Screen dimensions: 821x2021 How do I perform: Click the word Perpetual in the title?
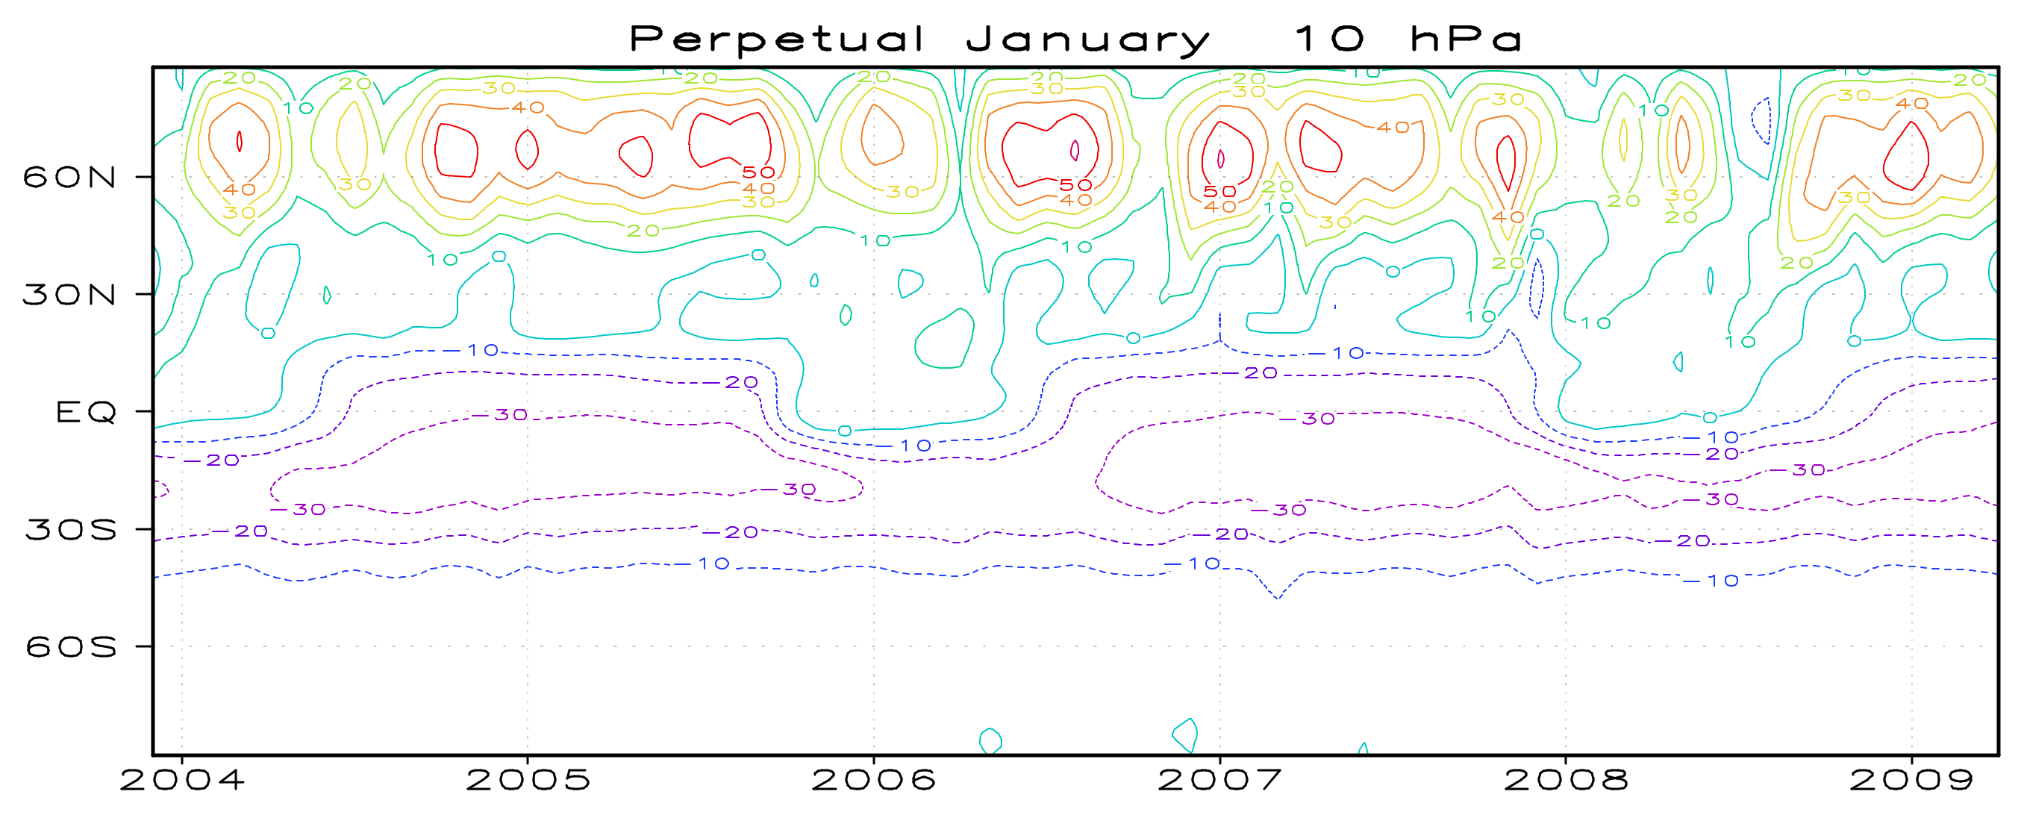tap(777, 40)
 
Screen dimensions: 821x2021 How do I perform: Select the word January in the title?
tap(1087, 40)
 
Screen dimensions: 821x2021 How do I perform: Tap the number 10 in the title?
tap(1329, 39)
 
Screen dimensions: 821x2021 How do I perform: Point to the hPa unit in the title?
tap(1466, 39)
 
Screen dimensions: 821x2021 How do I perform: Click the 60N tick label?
tap(69, 178)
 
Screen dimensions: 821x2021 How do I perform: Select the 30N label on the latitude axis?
tap(69, 295)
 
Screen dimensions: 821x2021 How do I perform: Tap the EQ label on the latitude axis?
tap(86, 412)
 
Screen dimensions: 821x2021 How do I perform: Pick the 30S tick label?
tap(71, 530)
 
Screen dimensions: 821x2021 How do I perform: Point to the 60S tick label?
tap(71, 647)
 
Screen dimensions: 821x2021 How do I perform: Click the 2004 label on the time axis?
tap(182, 780)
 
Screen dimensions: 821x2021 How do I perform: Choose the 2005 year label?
tap(528, 780)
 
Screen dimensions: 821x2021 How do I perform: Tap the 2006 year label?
tap(873, 780)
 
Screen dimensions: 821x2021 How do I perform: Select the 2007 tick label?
tap(1220, 780)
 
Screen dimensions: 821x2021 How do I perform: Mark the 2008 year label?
tap(1566, 780)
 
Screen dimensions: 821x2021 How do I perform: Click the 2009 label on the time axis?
tap(1911, 780)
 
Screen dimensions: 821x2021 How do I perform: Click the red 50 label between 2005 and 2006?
tap(759, 172)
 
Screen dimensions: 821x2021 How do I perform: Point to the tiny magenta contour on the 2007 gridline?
tap(1221, 159)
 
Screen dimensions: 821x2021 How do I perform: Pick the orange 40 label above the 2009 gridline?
tap(1911, 104)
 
